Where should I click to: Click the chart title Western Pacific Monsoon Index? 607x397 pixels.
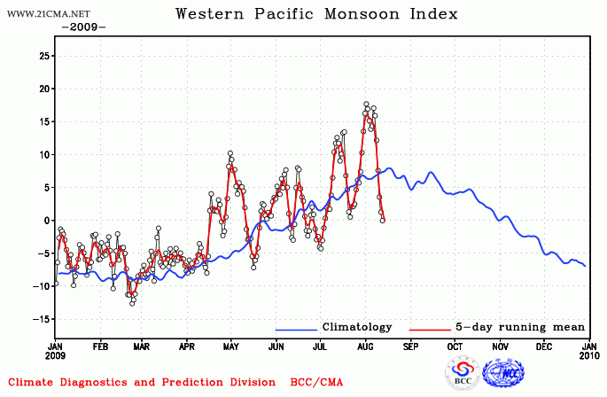316,13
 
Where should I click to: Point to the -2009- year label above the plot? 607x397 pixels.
83,27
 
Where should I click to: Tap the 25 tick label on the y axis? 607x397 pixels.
42,56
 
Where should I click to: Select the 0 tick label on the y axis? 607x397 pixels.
45,221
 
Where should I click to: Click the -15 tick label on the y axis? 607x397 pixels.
40,319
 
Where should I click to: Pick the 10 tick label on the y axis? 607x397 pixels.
42,155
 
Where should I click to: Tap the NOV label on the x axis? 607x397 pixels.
501,348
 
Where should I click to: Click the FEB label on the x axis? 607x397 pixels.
100,348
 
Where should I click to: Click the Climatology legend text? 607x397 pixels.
356,327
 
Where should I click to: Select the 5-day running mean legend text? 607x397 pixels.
512,327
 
